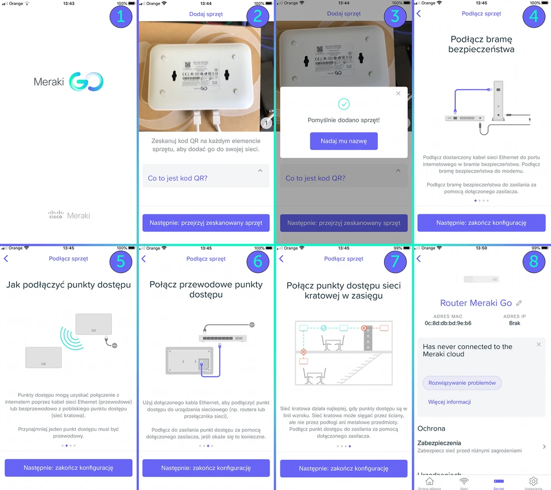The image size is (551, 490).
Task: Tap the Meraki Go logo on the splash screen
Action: click(x=68, y=83)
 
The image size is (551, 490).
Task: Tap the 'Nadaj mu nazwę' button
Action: click(x=343, y=141)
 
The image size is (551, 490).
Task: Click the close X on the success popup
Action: click(x=398, y=94)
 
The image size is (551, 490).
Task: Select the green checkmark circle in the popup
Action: click(x=344, y=104)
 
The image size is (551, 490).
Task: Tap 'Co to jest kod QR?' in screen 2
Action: click(x=177, y=178)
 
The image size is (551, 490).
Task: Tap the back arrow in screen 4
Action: click(x=419, y=13)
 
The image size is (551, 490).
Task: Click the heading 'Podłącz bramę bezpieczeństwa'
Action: click(x=482, y=44)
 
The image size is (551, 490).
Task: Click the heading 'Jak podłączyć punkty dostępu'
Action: click(x=68, y=285)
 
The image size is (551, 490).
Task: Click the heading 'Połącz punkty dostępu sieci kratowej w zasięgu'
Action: click(x=344, y=290)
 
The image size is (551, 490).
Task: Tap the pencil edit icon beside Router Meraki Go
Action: click(x=519, y=303)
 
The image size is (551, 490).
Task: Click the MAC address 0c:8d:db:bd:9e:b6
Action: click(x=448, y=323)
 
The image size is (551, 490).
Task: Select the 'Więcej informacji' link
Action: click(x=450, y=402)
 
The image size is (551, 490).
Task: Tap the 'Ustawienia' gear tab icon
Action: click(x=533, y=482)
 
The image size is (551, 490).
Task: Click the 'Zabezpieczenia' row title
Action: click(x=447, y=443)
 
